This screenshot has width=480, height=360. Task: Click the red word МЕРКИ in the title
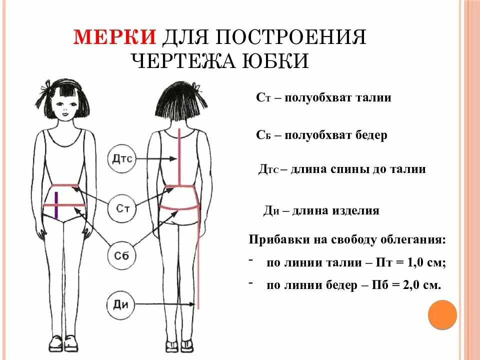coord(115,38)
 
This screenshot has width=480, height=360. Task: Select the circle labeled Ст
coord(122,208)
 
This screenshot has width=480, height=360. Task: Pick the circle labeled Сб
coord(122,255)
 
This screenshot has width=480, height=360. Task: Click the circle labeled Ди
coord(121,304)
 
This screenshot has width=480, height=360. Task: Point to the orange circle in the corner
coord(442,314)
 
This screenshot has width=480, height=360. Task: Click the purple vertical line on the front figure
coord(56,205)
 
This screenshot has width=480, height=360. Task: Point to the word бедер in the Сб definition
coord(371,135)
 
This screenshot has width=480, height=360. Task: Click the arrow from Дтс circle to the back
coord(157,159)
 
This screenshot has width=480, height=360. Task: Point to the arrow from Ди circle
coord(165,304)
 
